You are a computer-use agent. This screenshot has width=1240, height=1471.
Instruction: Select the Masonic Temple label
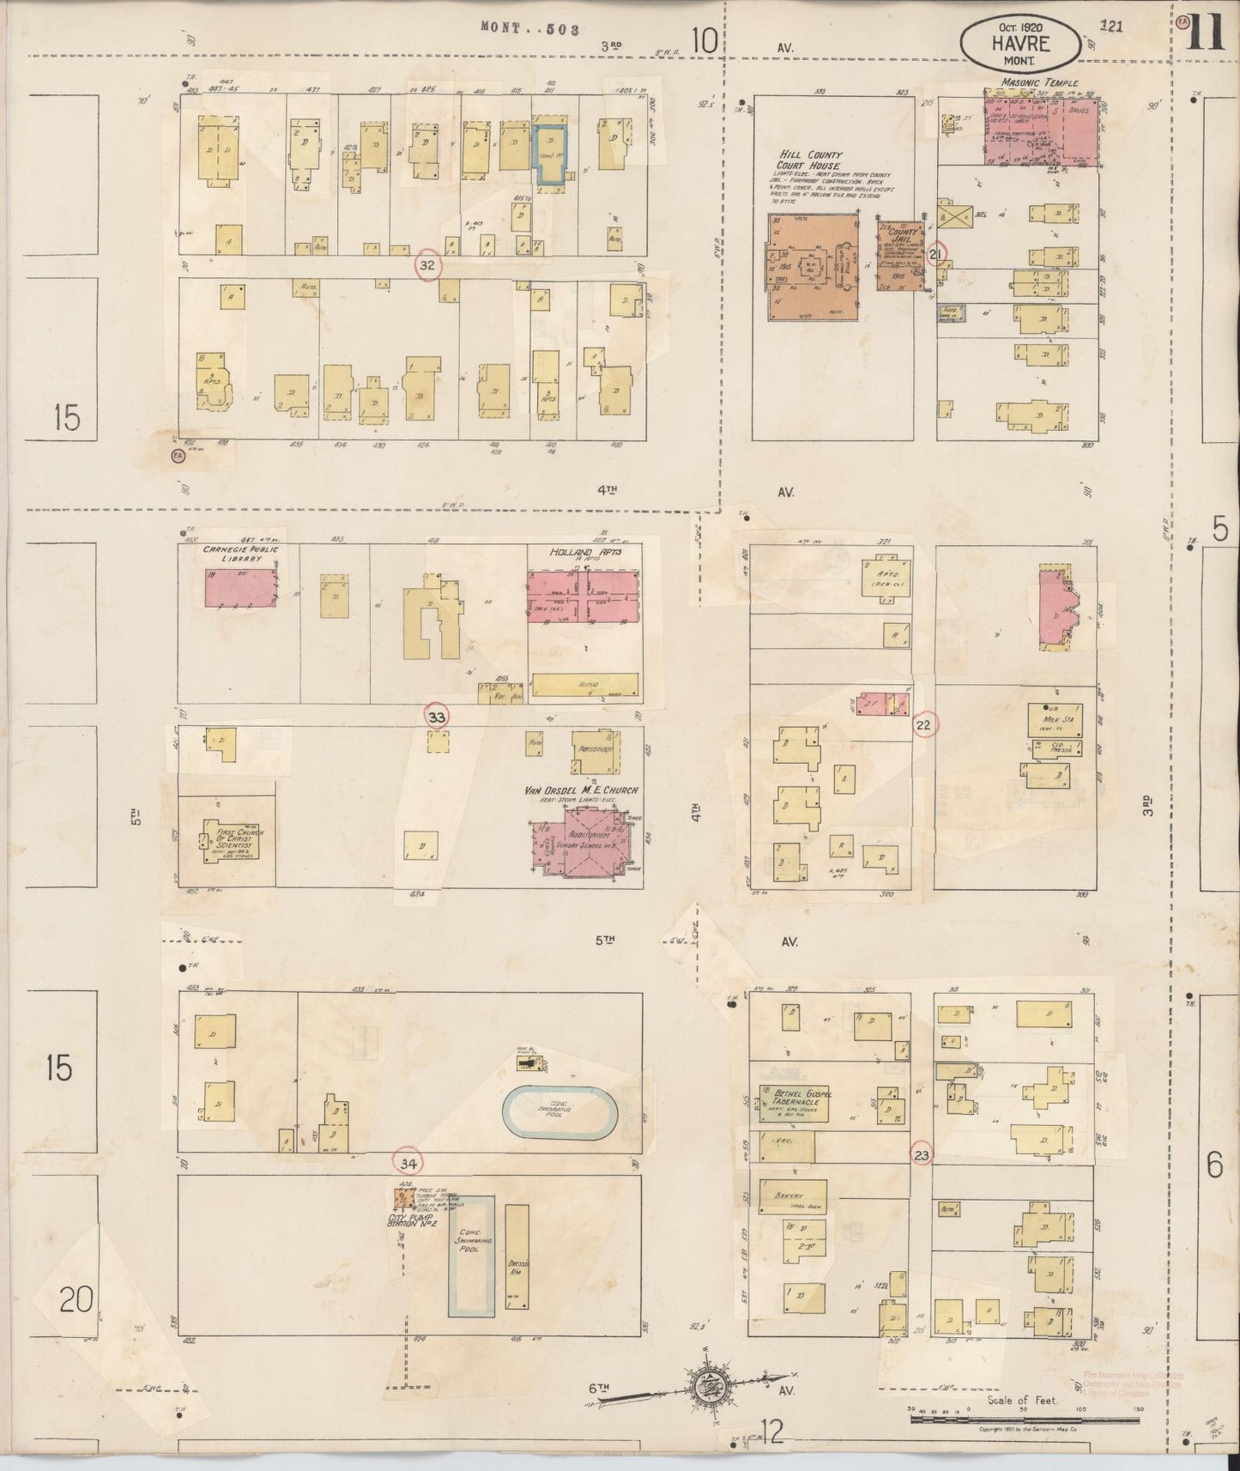coord(1038,83)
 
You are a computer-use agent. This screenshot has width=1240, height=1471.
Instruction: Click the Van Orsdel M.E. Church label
coord(581,790)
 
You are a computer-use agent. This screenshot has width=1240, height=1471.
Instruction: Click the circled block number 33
coord(437,716)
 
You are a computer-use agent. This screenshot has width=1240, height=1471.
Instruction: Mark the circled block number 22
coord(924,725)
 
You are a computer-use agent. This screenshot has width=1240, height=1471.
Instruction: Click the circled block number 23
coord(922,1155)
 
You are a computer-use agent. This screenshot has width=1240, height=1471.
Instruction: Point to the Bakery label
coord(788,1196)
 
